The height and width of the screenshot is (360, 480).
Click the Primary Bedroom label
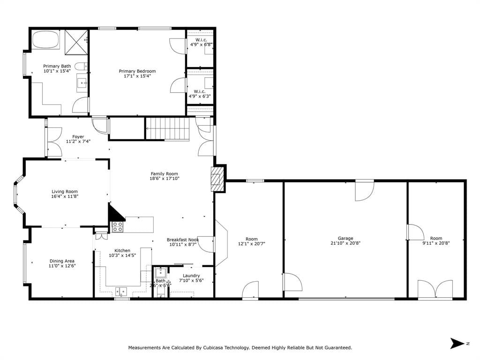pyautogui.click(x=137, y=71)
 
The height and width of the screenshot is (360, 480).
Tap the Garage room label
pyautogui.click(x=345, y=238)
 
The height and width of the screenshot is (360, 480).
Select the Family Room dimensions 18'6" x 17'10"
pyautogui.click(x=165, y=179)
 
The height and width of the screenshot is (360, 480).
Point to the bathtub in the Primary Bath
pyautogui.click(x=45, y=39)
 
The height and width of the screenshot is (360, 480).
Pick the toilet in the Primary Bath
pyautogui.click(x=81, y=66)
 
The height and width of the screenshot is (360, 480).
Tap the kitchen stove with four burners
pyautogui.click(x=117, y=227)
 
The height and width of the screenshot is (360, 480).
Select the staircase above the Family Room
pyautogui.click(x=167, y=128)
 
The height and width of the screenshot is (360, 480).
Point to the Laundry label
pyautogui.click(x=191, y=276)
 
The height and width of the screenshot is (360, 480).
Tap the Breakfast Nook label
pyautogui.click(x=183, y=240)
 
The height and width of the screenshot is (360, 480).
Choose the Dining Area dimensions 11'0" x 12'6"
pyautogui.click(x=62, y=266)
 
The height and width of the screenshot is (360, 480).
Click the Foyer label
pyautogui.click(x=78, y=136)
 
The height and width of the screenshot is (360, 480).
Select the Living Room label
pyautogui.click(x=65, y=192)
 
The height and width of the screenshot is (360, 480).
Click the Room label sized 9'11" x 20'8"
pyautogui.click(x=436, y=238)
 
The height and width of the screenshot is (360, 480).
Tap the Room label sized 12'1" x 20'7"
pyautogui.click(x=252, y=239)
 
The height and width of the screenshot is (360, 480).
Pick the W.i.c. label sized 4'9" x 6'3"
pyautogui.click(x=200, y=91)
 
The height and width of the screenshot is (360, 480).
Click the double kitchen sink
pyautogui.click(x=121, y=291)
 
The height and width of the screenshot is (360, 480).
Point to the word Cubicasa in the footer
pyautogui.click(x=213, y=348)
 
